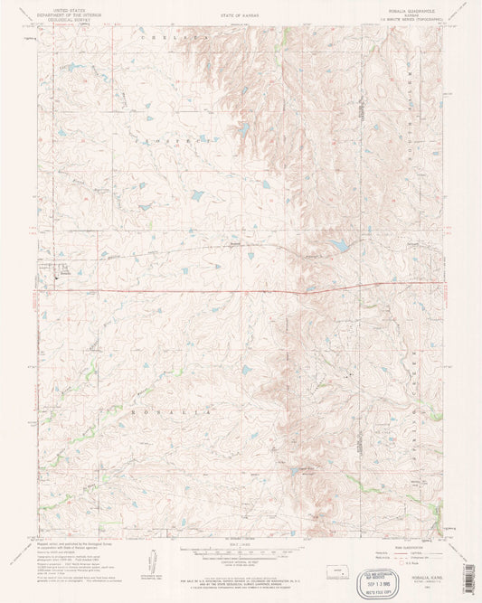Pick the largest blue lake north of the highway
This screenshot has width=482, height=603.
click(338, 245)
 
